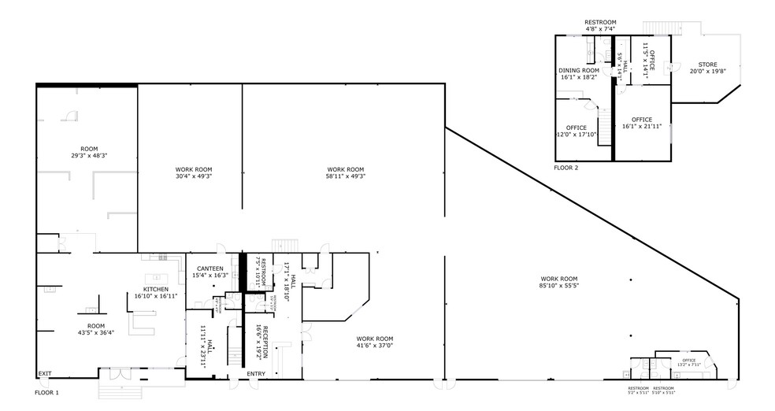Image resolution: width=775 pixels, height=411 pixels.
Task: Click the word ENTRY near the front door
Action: click(x=256, y=374)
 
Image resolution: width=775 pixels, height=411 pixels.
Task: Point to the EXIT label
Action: click(x=45, y=374)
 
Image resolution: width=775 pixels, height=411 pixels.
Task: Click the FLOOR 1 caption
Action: click(x=47, y=391)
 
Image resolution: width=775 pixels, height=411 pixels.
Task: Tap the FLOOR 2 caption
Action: click(x=565, y=168)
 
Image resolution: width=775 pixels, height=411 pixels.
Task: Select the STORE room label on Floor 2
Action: click(x=707, y=65)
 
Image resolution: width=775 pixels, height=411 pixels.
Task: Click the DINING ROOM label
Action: click(x=579, y=70)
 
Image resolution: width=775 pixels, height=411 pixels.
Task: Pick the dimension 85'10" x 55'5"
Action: click(x=558, y=287)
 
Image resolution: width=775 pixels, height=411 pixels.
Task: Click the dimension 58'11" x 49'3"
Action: click(x=345, y=176)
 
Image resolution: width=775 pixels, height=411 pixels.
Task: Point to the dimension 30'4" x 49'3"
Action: click(x=193, y=176)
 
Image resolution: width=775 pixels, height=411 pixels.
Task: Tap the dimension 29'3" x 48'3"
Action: click(x=88, y=156)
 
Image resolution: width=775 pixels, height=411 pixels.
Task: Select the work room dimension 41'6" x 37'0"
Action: click(x=373, y=345)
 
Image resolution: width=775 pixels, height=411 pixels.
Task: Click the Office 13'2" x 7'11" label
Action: click(x=688, y=364)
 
